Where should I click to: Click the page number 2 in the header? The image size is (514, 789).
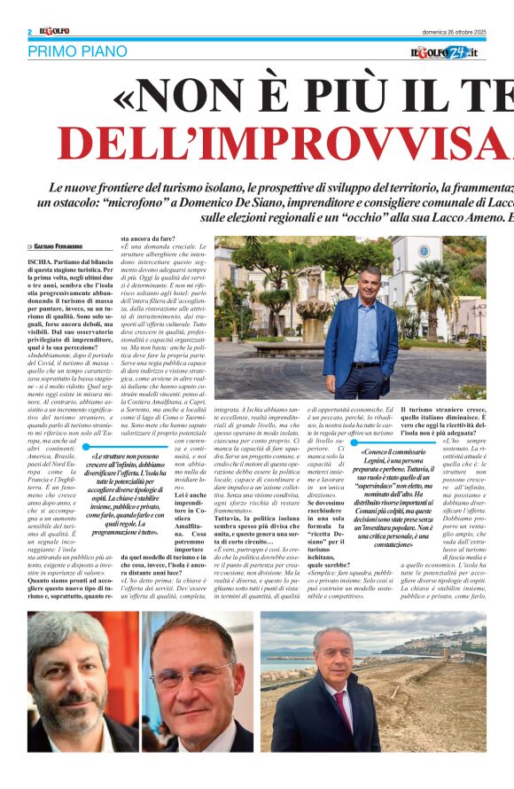(30, 32)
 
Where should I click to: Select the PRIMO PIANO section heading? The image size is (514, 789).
(77, 51)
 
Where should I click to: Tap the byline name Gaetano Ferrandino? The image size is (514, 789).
(69, 246)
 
